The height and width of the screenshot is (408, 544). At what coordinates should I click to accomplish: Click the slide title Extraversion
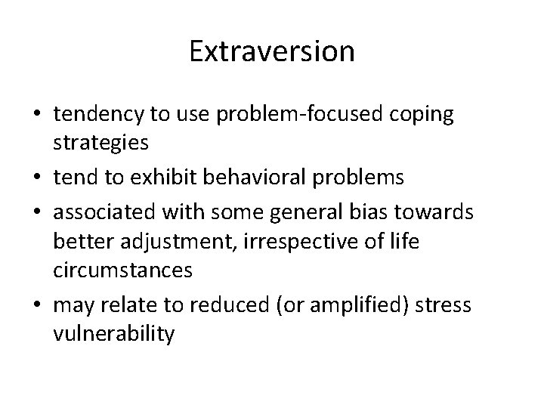[x=271, y=51]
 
